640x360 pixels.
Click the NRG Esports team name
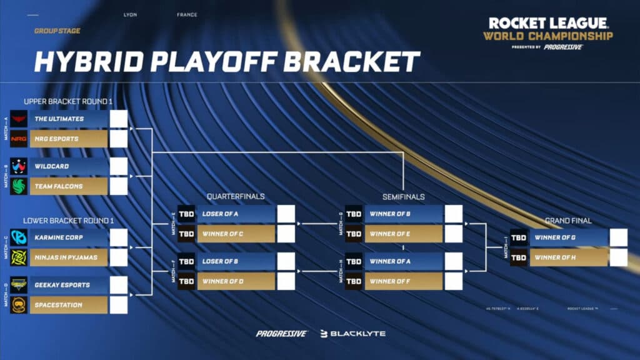56,139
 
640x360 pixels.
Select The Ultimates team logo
19,119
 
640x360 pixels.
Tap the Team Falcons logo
19,186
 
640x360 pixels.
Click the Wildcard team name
52,166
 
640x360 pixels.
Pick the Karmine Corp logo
19,237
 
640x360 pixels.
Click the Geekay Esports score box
119,285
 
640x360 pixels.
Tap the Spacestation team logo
19,305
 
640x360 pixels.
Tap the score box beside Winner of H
618,257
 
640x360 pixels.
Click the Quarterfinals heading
236,197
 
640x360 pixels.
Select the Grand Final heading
568,221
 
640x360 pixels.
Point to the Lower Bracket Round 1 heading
68,221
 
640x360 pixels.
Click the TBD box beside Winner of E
354,234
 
